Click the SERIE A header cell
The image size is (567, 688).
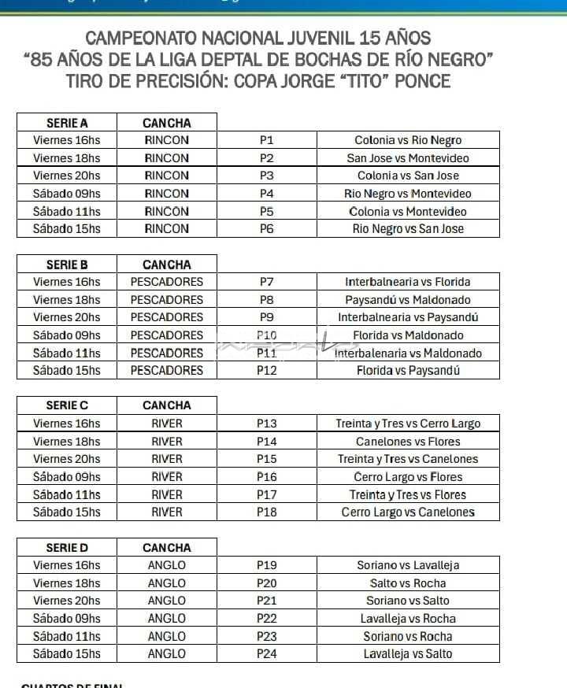click(67, 123)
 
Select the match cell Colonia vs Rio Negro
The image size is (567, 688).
click(408, 140)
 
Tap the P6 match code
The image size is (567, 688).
click(266, 228)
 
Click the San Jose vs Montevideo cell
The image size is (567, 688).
click(408, 157)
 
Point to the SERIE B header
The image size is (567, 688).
click(67, 264)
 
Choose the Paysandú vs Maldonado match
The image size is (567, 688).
click(408, 299)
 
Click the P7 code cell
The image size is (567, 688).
click(266, 281)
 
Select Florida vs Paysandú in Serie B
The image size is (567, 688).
click(408, 370)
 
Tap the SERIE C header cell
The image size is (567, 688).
click(67, 405)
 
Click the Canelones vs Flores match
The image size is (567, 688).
click(408, 441)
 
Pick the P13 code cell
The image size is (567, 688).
click(266, 424)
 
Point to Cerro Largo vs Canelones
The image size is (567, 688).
click(408, 512)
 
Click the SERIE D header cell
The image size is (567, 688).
click(67, 548)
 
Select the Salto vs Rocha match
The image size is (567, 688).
click(408, 583)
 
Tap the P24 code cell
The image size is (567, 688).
click(266, 653)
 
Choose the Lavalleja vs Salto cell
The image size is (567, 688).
click(408, 653)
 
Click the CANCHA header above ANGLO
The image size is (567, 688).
click(166, 548)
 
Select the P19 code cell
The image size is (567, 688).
click(266, 565)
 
